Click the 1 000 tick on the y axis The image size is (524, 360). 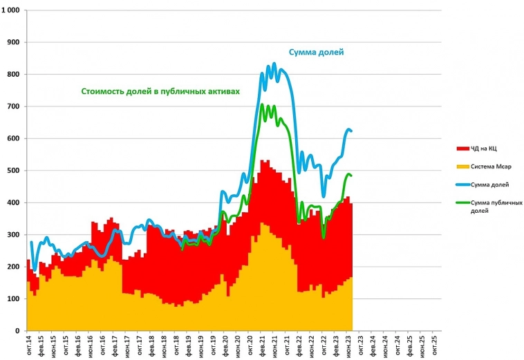click(x=12, y=11)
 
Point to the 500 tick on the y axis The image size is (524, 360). click(x=15, y=171)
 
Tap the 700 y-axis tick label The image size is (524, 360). click(x=15, y=106)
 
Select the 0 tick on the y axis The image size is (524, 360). click(x=19, y=331)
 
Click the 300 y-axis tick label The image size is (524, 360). click(x=15, y=235)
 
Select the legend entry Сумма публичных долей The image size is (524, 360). click(x=492, y=205)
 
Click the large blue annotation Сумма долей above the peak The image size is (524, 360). click(x=316, y=52)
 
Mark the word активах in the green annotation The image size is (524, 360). click(x=222, y=91)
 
